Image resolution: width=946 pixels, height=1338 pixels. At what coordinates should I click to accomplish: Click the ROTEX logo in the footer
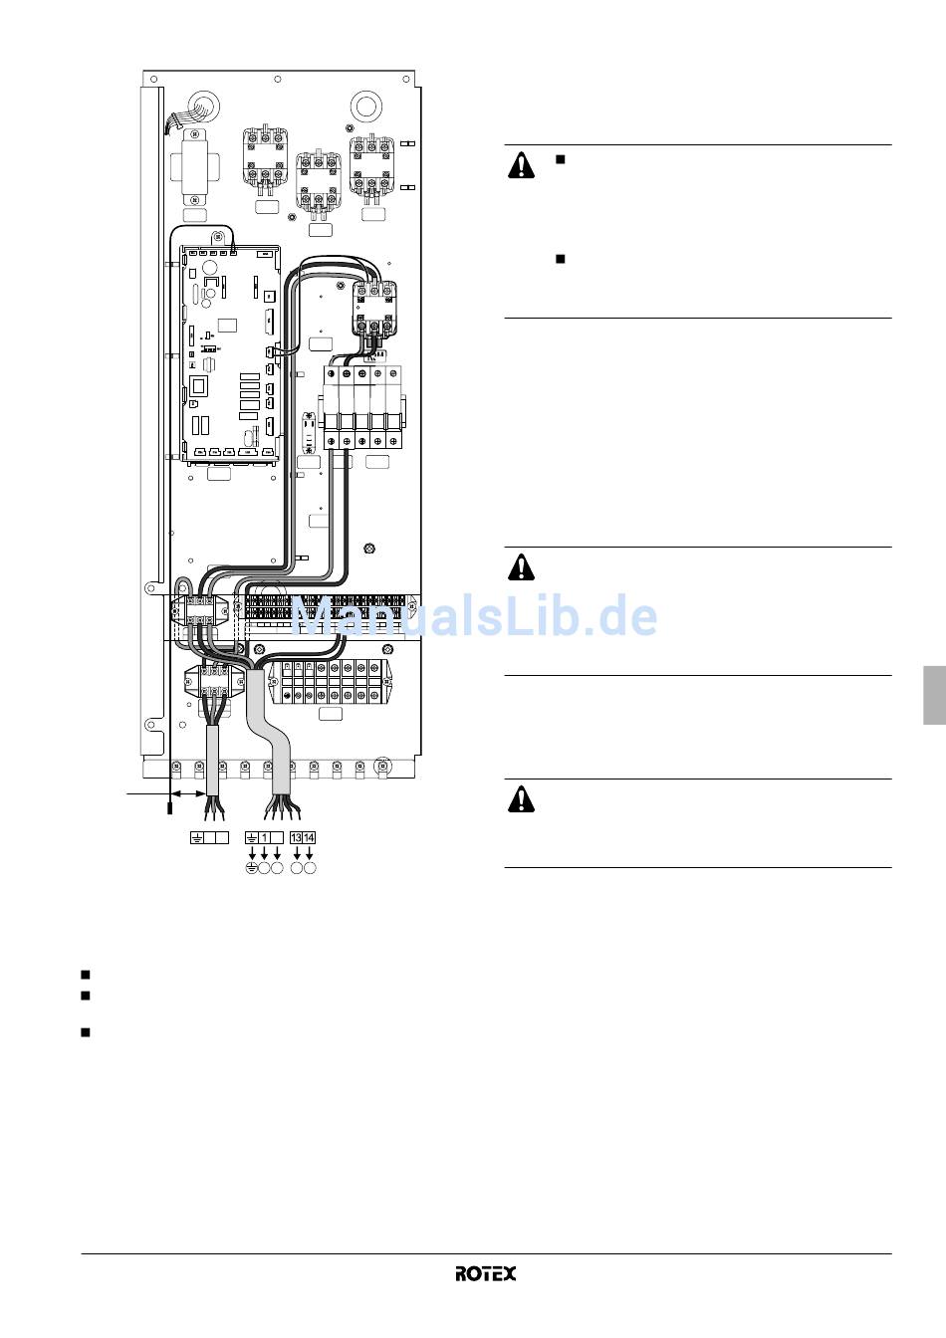pyautogui.click(x=485, y=1273)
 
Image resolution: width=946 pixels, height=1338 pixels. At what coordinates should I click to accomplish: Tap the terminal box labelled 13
pyautogui.click(x=297, y=837)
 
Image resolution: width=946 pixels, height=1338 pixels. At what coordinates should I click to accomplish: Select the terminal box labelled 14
pyautogui.click(x=309, y=837)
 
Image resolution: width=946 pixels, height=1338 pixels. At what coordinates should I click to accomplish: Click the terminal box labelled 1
pyautogui.click(x=264, y=837)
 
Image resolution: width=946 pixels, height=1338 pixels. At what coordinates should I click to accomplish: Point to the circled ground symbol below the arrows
pyautogui.click(x=252, y=868)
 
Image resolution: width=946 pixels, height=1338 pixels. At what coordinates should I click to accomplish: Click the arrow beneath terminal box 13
pyautogui.click(x=297, y=853)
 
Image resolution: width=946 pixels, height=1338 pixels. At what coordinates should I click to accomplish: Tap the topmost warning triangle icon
pyautogui.click(x=521, y=165)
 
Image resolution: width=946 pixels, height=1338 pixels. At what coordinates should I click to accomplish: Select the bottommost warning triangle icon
pyautogui.click(x=521, y=799)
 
